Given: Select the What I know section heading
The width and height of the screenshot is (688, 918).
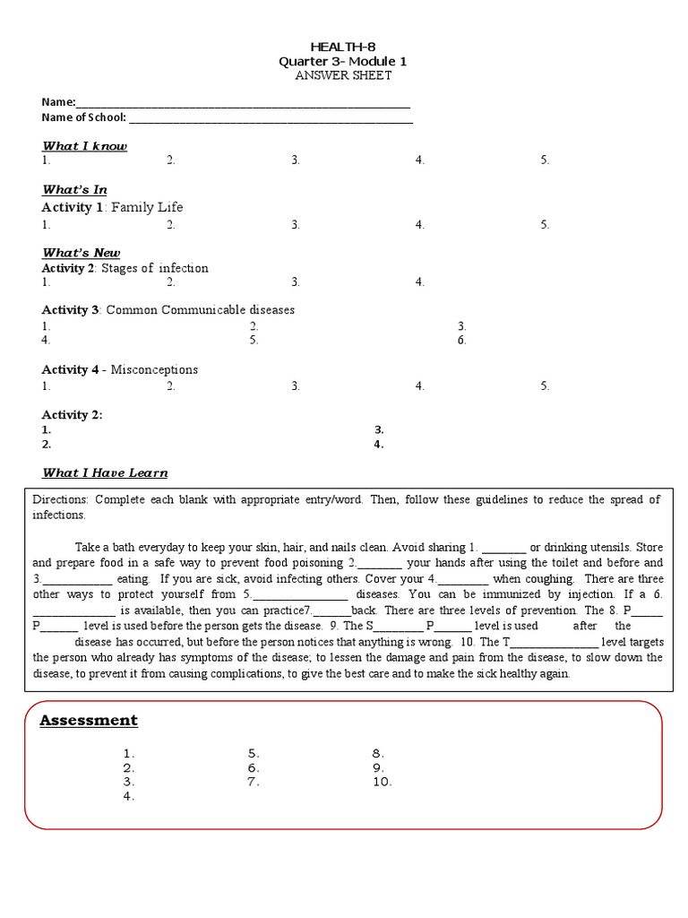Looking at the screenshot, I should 85,146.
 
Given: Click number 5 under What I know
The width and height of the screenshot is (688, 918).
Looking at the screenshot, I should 545,160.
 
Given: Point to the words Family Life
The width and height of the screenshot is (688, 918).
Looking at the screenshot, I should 147,207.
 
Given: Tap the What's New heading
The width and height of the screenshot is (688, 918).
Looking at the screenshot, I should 81,253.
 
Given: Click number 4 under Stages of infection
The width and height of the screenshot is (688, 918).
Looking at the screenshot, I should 419,282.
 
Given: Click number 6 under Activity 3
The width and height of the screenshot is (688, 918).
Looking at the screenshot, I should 461,341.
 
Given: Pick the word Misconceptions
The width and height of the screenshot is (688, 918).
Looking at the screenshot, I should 155,369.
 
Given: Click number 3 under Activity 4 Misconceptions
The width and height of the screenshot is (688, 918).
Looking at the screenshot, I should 295,386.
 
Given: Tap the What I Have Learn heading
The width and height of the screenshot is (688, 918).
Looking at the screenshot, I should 105,472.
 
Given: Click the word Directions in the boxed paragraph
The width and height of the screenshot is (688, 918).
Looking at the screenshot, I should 60,499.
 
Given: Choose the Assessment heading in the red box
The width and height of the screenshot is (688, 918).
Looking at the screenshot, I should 89,721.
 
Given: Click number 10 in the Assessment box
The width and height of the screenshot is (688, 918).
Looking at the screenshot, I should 383,782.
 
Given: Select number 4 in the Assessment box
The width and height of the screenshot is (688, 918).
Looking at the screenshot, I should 129,796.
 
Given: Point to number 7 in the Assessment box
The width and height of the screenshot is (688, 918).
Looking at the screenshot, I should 254,782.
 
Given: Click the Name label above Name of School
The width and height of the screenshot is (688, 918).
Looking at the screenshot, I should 58,103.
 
